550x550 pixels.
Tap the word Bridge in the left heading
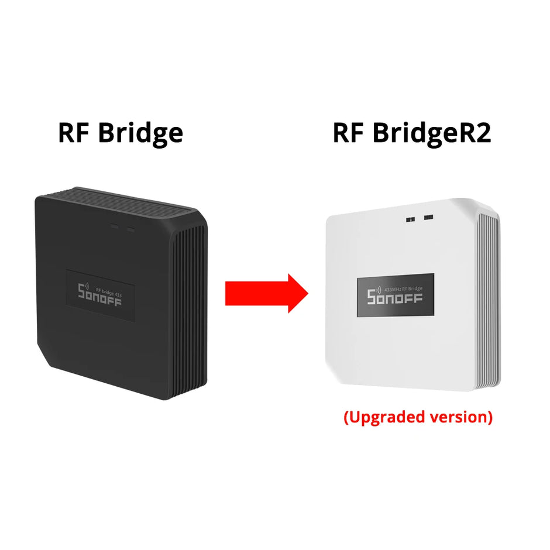(140, 133)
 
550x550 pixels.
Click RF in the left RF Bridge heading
(74, 133)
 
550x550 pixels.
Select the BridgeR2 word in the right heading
(430, 133)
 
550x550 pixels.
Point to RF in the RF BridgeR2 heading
(348, 133)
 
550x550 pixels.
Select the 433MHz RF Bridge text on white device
(403, 288)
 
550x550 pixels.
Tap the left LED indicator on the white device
(410, 219)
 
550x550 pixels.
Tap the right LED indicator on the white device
(429, 218)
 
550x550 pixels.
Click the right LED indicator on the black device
(130, 229)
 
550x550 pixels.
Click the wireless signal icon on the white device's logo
(379, 289)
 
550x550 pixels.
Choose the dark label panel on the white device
(396, 295)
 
